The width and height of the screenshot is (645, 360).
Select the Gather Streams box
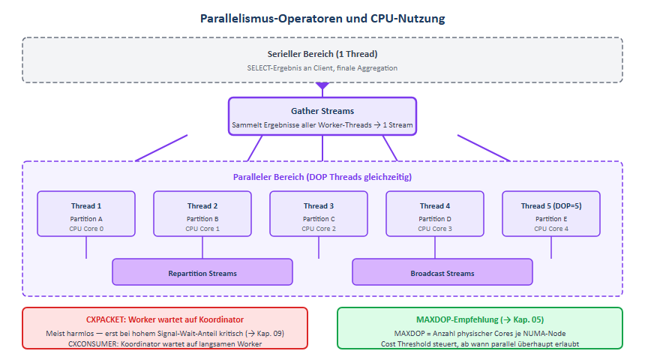[322, 116]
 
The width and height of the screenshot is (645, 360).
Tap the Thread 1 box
[86, 214]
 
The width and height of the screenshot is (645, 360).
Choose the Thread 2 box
[202, 214]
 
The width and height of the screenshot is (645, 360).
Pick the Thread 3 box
[319, 214]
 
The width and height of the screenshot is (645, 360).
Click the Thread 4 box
[435, 214]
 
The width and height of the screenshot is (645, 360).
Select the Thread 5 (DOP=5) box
[551, 214]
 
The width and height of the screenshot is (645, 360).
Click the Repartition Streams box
[202, 272]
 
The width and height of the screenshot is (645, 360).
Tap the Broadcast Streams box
[442, 272]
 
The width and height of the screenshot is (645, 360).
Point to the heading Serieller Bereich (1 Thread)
[322, 54]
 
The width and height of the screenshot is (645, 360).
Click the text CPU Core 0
[86, 228]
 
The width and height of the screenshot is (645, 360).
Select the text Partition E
[551, 218]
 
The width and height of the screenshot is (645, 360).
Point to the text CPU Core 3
[435, 228]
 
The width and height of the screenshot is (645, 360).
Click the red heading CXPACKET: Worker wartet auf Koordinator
[165, 319]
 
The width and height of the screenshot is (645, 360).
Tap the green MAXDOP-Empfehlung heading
[480, 319]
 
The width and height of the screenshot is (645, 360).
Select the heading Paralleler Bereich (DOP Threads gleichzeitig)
[322, 177]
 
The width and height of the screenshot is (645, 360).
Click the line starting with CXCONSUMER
[165, 343]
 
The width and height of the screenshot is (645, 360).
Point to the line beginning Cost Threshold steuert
[480, 343]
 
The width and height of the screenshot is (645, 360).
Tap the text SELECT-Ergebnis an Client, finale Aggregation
[322, 67]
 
